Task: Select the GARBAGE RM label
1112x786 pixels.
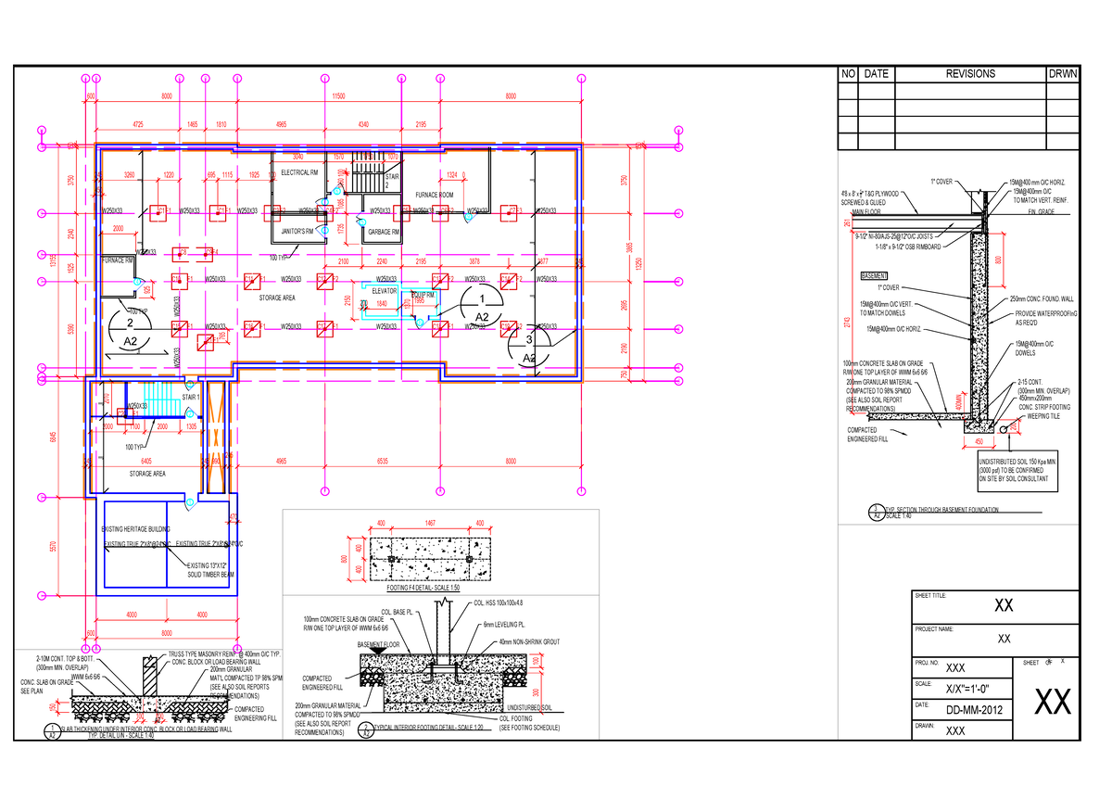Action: (x=383, y=232)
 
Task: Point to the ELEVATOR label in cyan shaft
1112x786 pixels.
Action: (x=384, y=290)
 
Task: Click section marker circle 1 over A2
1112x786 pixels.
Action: (x=482, y=298)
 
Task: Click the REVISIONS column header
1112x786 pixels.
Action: (x=969, y=74)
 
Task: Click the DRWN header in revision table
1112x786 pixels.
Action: (x=1062, y=74)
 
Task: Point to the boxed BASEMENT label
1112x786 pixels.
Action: (x=875, y=276)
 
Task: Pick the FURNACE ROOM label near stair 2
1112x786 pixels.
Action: (x=434, y=196)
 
